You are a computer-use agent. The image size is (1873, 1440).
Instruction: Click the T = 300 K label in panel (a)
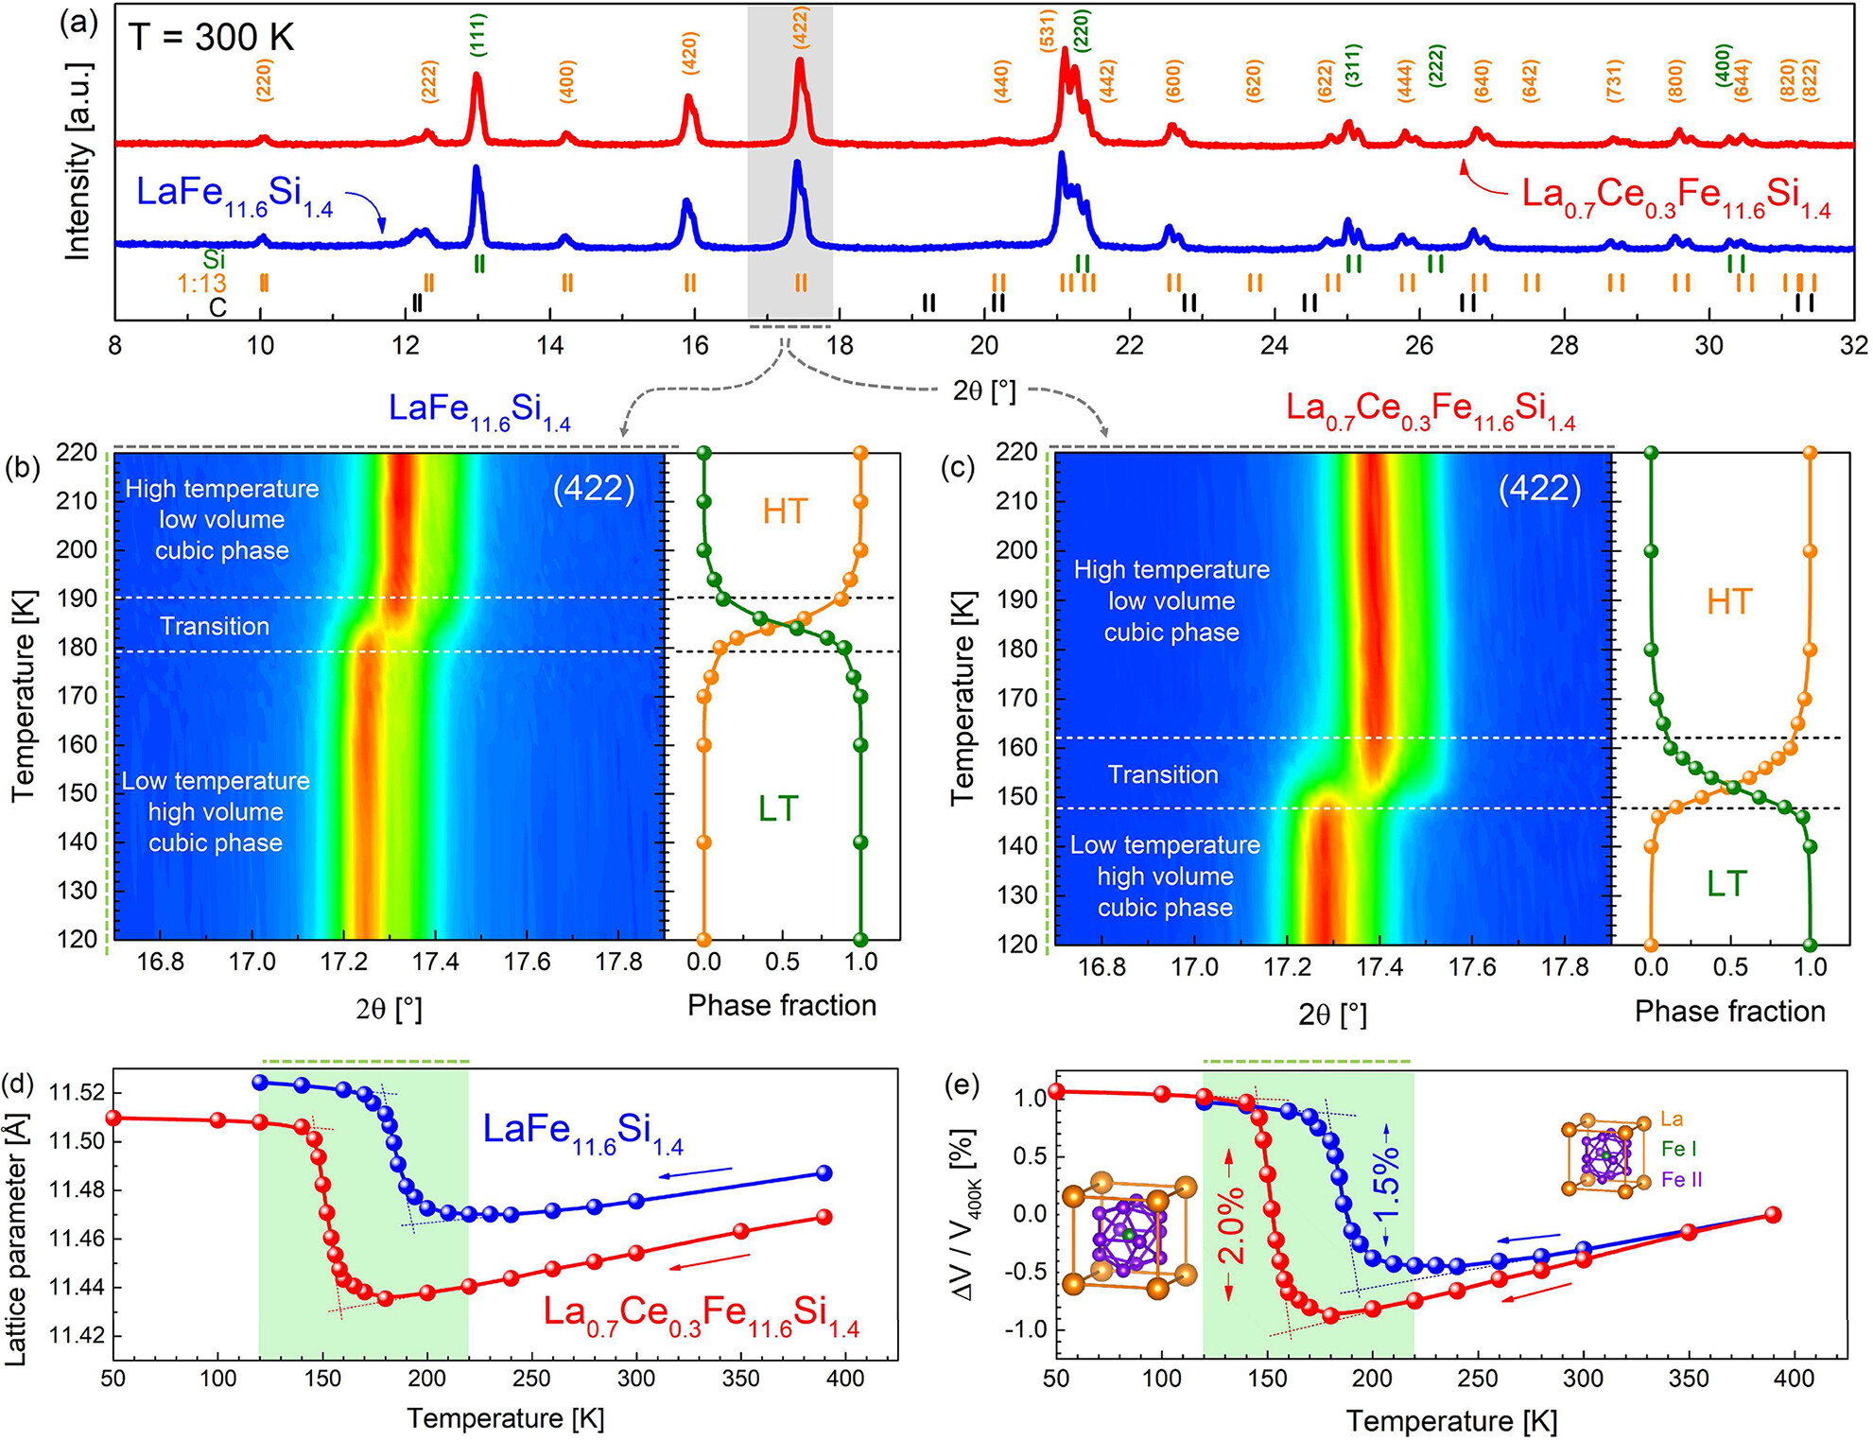(212, 38)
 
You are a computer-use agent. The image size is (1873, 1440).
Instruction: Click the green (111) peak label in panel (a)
(477, 36)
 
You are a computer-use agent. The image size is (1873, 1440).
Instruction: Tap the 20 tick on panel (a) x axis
(984, 345)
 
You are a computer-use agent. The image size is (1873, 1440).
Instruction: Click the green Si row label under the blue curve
(214, 258)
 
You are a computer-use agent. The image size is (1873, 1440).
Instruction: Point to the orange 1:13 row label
(201, 283)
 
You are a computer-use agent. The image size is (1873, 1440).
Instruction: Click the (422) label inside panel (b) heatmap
(594, 488)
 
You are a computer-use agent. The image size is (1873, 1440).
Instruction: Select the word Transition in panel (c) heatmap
(1163, 774)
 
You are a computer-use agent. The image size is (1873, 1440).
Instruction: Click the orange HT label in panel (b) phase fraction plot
(785, 512)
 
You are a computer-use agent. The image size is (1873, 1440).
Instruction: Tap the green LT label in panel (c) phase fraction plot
(1726, 884)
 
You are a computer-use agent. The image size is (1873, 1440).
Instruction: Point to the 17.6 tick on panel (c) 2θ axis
(1473, 967)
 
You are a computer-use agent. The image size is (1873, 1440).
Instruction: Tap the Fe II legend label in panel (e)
(1682, 1180)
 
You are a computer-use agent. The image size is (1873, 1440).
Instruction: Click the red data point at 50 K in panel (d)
(113, 1118)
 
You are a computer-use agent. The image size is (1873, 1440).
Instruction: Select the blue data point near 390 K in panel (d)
(824, 1172)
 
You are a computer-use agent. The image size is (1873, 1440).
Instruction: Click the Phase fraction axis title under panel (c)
(1729, 1011)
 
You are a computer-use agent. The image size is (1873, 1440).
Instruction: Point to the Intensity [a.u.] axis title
(78, 162)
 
